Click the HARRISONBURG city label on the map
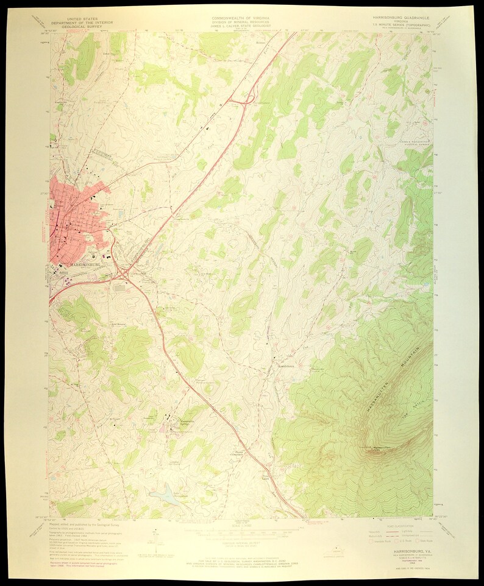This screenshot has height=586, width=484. pos(76,264)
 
